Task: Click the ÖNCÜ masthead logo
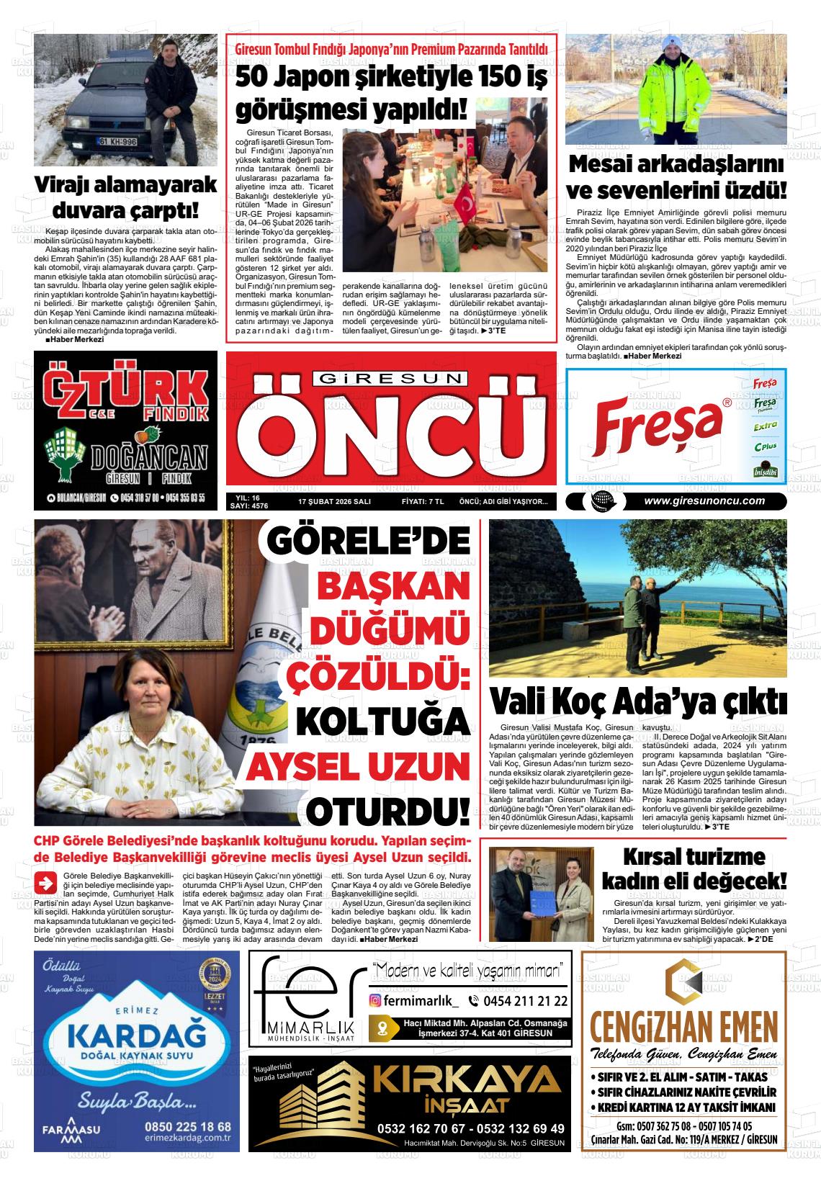(390, 433)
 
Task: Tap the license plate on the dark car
(118, 142)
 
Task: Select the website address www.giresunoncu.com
(704, 501)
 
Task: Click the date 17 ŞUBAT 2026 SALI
(334, 501)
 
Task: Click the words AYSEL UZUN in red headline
(357, 767)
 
